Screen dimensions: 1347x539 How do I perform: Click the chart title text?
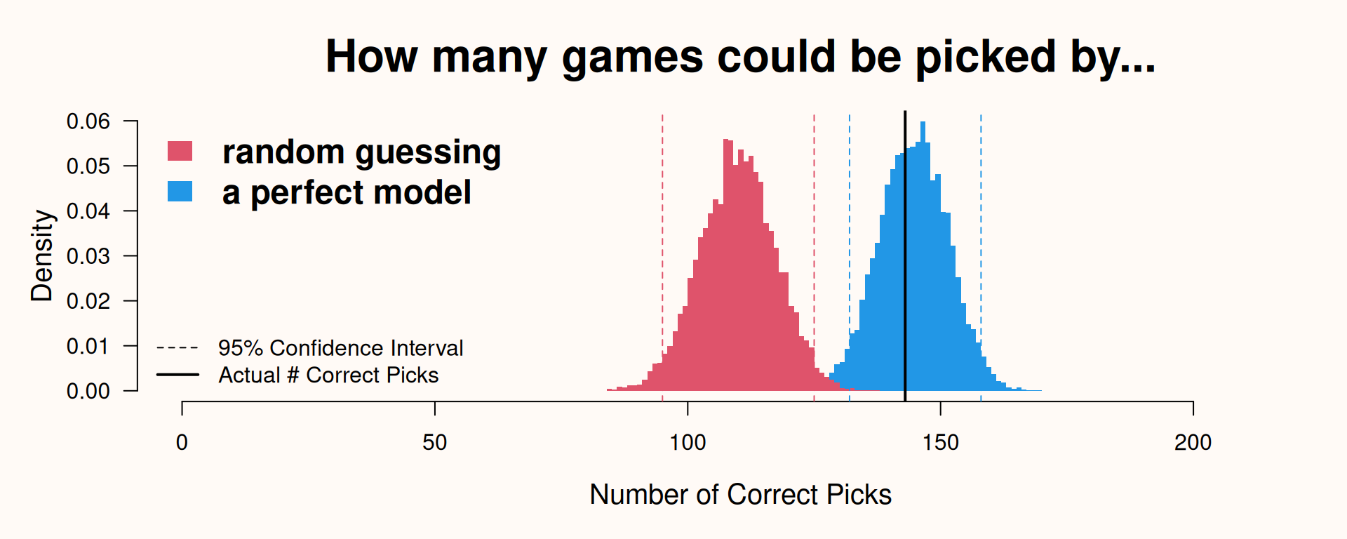pyautogui.click(x=740, y=57)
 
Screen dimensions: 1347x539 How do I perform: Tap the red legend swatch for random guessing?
pyautogui.click(x=180, y=151)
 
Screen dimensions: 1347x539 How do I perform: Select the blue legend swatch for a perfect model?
pyautogui.click(x=180, y=192)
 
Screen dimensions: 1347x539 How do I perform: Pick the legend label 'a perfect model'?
pyautogui.click(x=347, y=193)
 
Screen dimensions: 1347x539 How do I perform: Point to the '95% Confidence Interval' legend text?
pyautogui.click(x=340, y=348)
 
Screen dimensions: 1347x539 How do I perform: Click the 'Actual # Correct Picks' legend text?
pyautogui.click(x=328, y=375)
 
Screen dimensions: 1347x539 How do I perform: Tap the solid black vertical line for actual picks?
pyautogui.click(x=905, y=256)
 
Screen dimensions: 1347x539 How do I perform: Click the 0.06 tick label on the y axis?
pyautogui.click(x=88, y=121)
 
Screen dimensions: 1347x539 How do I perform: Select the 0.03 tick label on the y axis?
pyautogui.click(x=88, y=256)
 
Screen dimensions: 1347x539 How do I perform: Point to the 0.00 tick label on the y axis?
pyautogui.click(x=88, y=391)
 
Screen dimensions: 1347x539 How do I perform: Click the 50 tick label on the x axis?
pyautogui.click(x=435, y=442)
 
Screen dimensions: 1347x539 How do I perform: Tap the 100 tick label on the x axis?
pyautogui.click(x=688, y=442)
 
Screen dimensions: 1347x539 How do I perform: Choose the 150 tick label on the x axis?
pyautogui.click(x=940, y=442)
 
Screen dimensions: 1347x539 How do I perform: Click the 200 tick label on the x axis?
pyautogui.click(x=1193, y=442)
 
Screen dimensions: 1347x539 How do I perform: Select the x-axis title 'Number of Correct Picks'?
pyautogui.click(x=740, y=495)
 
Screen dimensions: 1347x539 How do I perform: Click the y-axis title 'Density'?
pyautogui.click(x=42, y=255)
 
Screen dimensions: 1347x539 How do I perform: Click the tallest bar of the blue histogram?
pyautogui.click(x=923, y=256)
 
